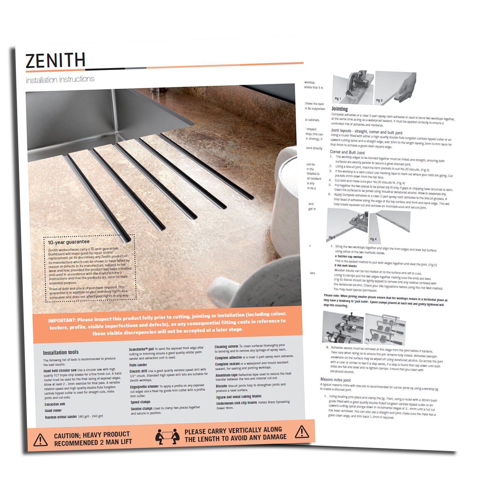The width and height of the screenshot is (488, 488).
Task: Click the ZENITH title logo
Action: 55,60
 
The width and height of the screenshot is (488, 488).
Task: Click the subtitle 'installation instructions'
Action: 60,80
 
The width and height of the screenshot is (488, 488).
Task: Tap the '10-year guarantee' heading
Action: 69,242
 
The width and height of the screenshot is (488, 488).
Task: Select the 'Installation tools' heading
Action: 61,352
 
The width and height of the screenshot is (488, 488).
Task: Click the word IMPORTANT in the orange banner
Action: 62,320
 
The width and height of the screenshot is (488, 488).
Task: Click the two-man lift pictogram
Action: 167,436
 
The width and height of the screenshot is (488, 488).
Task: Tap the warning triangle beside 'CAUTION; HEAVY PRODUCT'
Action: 40,440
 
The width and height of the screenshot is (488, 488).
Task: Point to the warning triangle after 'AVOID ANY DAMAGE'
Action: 302,432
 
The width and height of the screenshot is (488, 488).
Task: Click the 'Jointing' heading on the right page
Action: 340,109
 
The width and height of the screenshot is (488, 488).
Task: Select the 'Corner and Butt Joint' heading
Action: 347,152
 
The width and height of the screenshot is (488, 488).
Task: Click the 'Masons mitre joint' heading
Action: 335,380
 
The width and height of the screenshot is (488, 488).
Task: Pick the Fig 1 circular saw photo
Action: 353,87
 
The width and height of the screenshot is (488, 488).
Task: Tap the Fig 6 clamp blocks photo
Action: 385,328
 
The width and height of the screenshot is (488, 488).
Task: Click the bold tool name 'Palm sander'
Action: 138,365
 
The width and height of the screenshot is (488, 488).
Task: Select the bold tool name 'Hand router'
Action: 53,410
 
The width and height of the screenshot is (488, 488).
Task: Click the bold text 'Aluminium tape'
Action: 226,375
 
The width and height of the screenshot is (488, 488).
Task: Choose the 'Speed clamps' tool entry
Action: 140,402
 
